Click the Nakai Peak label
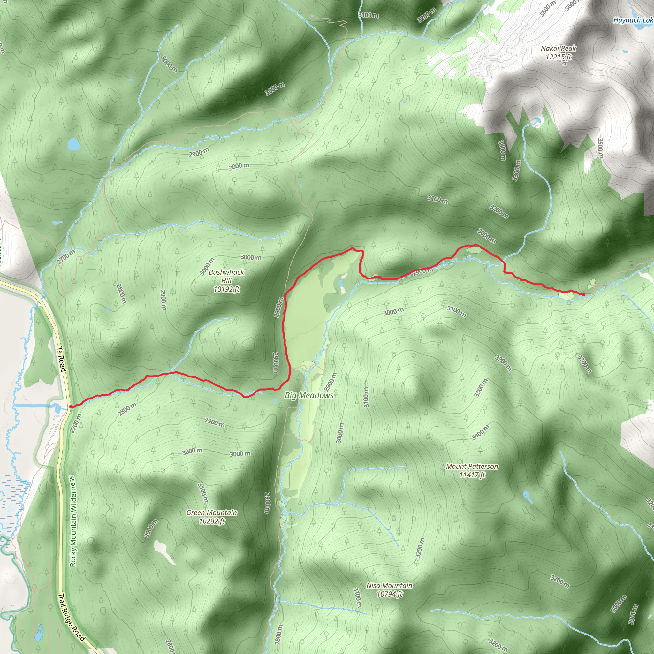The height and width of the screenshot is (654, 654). [x=558, y=49]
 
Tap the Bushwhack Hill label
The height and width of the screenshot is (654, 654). [x=226, y=276]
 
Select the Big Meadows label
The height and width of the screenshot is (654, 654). [x=309, y=395]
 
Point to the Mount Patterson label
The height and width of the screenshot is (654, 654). [x=472, y=467]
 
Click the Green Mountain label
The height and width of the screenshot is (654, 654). [x=212, y=513]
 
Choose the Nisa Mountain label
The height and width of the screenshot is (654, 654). [x=389, y=585]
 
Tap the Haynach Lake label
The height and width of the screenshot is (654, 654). [x=633, y=20]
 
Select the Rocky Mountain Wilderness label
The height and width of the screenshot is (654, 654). [x=73, y=521]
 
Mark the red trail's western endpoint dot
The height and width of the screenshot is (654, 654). [x=70, y=407]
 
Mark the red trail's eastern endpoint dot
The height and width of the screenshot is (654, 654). [x=583, y=294]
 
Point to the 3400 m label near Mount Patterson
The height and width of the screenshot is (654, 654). [x=480, y=433]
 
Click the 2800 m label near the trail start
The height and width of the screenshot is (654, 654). [x=127, y=409]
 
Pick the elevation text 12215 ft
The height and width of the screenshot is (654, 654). [x=558, y=57]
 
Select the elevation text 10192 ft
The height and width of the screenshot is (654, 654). [x=226, y=289]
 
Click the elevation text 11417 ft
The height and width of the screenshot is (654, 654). [x=472, y=475]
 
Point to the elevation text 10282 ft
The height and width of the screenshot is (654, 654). [x=212, y=521]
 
